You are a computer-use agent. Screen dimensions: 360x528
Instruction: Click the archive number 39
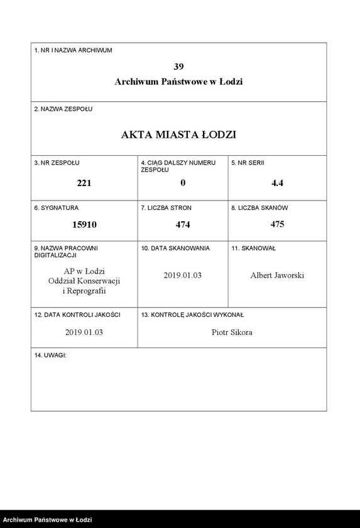pos(178,66)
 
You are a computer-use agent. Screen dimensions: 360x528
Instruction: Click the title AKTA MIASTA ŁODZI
pos(178,135)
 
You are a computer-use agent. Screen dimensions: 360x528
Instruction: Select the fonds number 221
pos(84,184)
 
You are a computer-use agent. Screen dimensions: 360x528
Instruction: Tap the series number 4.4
pos(277,184)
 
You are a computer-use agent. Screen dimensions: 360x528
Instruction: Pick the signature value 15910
pos(84,224)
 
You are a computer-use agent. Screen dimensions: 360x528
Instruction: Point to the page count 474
pos(183,224)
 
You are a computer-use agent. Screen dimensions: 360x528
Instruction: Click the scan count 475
pos(277,224)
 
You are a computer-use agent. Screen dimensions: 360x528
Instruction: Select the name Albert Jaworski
pos(277,275)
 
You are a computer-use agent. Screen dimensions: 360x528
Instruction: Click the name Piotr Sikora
pos(232,332)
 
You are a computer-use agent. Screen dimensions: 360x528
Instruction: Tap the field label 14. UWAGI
pos(50,356)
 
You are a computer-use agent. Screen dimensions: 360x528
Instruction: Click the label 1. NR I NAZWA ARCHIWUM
pos(73,50)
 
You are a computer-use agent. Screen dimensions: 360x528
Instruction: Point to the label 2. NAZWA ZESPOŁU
pos(63,109)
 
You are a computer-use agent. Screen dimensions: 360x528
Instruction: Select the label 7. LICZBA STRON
pos(166,207)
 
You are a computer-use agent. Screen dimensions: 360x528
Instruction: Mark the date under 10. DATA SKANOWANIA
pos(183,275)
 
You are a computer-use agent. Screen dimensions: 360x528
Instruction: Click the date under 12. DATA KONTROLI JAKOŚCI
pos(84,332)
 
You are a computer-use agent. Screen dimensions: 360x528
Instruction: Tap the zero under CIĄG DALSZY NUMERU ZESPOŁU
pos(183,184)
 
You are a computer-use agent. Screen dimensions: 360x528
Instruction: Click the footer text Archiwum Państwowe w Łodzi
pos(48,520)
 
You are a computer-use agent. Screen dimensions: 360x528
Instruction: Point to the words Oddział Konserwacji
pos(84,280)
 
